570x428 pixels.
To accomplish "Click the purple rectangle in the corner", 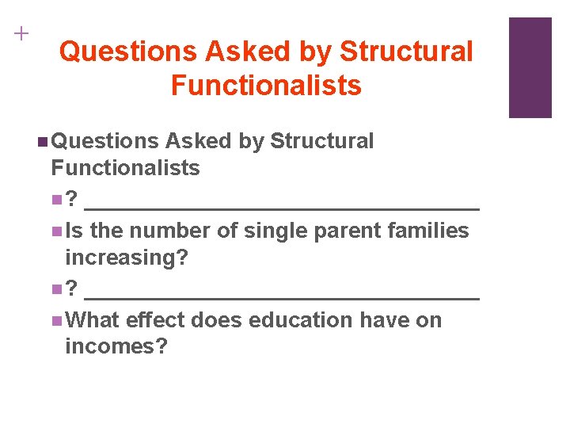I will click(530, 67).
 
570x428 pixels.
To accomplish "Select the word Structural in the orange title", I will click(406, 52).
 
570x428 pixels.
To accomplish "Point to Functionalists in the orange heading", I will click(266, 85).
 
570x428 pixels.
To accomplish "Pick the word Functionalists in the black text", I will click(125, 167).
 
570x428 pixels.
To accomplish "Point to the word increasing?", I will click(127, 258).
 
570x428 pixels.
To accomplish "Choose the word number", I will click(162, 231).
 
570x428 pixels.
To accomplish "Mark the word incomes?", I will click(116, 347).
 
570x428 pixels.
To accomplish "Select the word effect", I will click(155, 320).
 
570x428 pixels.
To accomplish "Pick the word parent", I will click(344, 231).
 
